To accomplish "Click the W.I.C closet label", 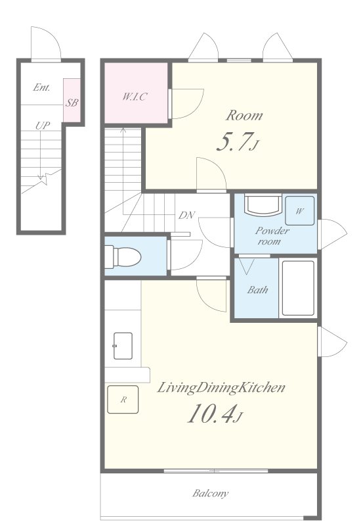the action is click(135, 97).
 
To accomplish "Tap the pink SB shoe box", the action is click(72, 101).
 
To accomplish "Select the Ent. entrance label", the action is click(42, 87).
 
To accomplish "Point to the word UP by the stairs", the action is click(43, 126).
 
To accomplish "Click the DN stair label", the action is click(186, 215).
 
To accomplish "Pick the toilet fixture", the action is click(123, 257).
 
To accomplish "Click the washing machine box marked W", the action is click(300, 210).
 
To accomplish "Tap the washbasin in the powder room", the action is click(263, 205).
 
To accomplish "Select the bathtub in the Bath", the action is click(298, 288).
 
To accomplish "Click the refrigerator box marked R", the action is click(123, 399).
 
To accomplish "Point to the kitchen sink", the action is click(123, 346).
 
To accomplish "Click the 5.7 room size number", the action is click(234, 142).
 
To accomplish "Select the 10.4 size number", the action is click(210, 414).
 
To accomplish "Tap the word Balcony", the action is click(210, 493).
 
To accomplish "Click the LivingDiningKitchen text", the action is click(221, 387).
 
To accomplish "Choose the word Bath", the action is click(257, 289).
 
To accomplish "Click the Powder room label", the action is click(272, 235).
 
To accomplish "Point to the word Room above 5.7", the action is click(244, 116).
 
